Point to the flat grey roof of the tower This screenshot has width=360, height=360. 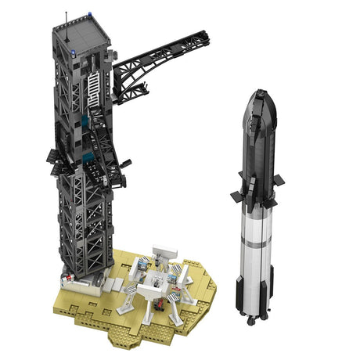pyautogui.click(x=82, y=29)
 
